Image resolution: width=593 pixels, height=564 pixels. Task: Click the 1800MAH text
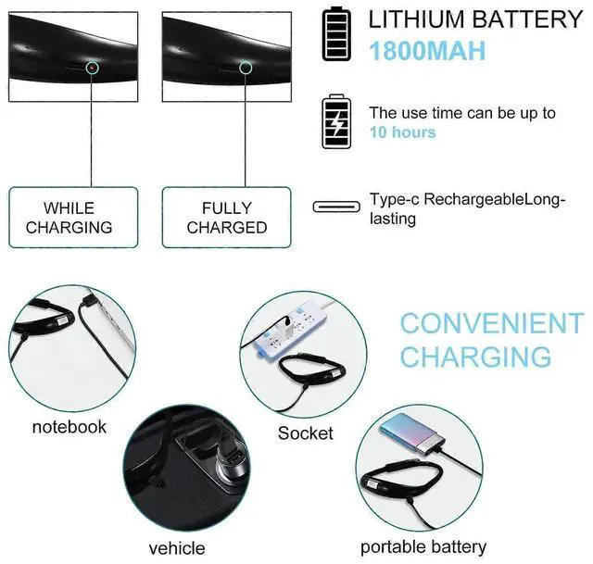coord(427,50)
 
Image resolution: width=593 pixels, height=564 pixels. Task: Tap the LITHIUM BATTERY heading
coord(476,19)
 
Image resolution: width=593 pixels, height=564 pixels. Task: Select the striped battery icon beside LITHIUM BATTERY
coord(336,34)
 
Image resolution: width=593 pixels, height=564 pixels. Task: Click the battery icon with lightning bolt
coord(336,121)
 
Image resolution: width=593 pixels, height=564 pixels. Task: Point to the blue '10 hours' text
coord(403,132)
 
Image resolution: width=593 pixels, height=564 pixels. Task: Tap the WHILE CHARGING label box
coord(73,218)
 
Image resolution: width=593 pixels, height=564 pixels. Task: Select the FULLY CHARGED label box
coord(227,218)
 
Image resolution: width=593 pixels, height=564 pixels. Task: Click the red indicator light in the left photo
coord(91,68)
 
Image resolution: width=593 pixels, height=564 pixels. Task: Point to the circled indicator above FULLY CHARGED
coord(245,67)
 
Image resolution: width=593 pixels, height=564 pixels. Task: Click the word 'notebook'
coord(69,427)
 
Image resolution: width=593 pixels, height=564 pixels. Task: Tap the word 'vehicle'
coord(176,548)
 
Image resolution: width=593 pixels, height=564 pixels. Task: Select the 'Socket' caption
coord(306,432)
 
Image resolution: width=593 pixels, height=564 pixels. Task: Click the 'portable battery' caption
coord(423,546)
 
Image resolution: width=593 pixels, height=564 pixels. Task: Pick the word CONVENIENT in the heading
coord(491,323)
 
